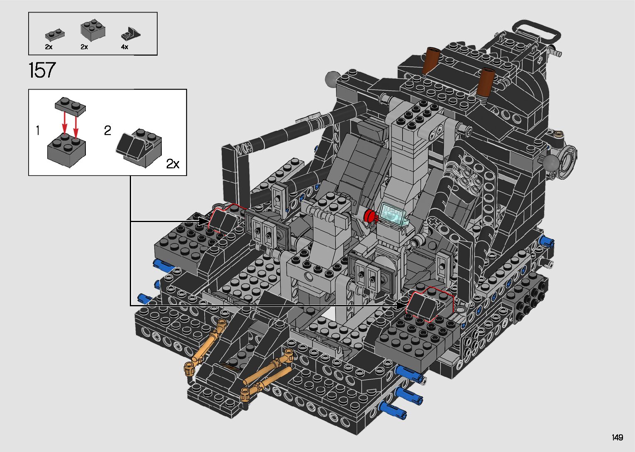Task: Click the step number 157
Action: [x=42, y=70]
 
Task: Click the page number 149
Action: [x=618, y=437]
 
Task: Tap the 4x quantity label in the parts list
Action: [x=124, y=47]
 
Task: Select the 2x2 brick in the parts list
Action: [x=92, y=30]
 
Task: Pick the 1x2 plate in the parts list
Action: [x=55, y=35]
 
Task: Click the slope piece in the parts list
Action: [x=131, y=34]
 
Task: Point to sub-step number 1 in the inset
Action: [x=38, y=130]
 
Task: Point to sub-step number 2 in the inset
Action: [x=107, y=130]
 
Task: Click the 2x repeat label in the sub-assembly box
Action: [x=173, y=164]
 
